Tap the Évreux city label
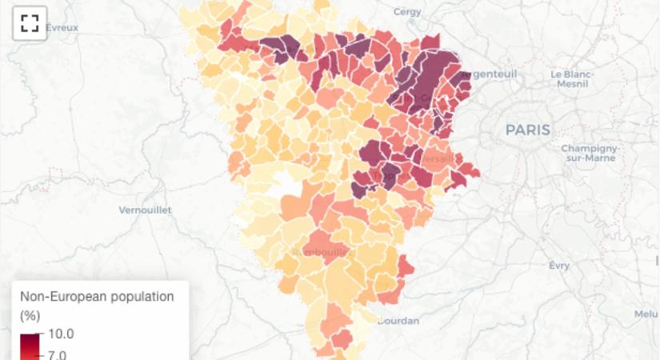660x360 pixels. point(62,27)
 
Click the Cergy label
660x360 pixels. point(408,12)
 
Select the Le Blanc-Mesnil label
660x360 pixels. point(570,78)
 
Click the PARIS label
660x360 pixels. point(527,130)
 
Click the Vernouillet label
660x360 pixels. point(145,210)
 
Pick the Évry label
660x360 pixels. point(559,265)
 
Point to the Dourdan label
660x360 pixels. point(398,321)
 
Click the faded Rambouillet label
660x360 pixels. point(322,251)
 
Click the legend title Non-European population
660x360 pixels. point(97,296)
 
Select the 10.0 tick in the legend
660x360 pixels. point(62,333)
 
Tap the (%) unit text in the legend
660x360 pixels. point(29,315)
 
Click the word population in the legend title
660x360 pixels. point(146,296)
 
